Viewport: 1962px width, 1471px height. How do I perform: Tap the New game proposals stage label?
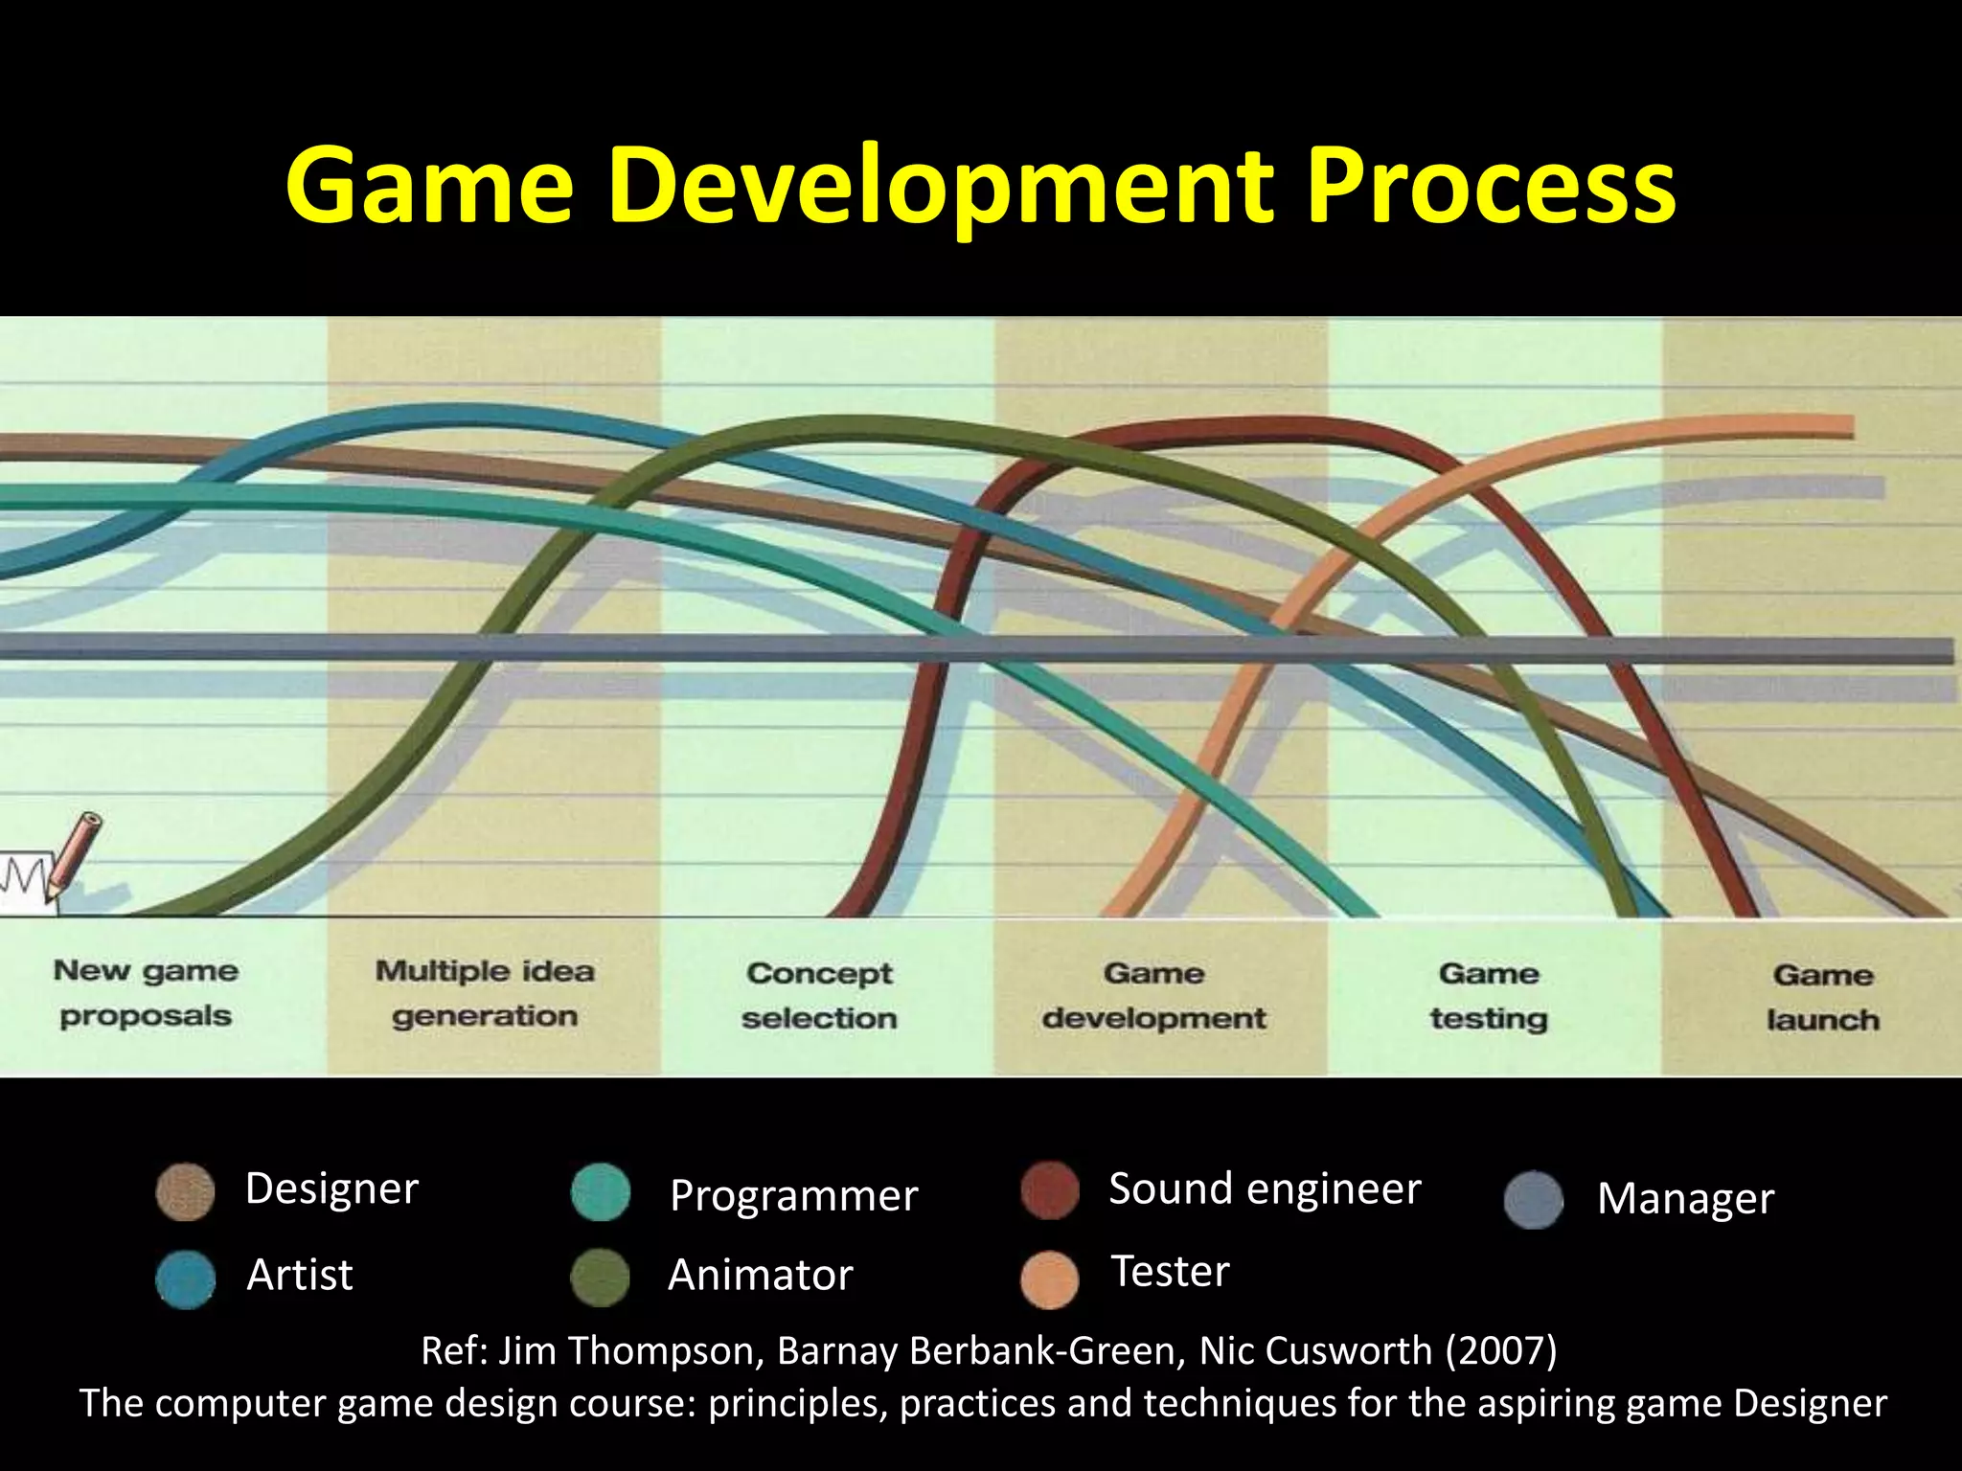coord(146,993)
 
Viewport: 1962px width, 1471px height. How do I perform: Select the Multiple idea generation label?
coord(485,993)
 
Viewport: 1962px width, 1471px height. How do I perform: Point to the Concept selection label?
coord(819,995)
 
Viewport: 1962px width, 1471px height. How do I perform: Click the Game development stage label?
coord(1153,995)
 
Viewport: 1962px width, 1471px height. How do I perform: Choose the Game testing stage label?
coord(1489,996)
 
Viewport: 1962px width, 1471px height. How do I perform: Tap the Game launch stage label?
coord(1822,997)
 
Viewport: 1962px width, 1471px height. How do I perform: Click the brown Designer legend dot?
coord(185,1192)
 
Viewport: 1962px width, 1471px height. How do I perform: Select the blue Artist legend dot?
coord(185,1279)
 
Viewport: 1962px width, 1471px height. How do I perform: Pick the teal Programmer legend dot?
coord(601,1192)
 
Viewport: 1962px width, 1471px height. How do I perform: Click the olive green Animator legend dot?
coord(600,1278)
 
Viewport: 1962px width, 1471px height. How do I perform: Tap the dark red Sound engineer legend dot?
coord(1050,1190)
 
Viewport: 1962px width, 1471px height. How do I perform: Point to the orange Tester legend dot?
coord(1050,1279)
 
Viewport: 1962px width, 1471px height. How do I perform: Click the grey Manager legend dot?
coord(1533,1200)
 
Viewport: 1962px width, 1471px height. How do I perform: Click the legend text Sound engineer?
coord(1265,1188)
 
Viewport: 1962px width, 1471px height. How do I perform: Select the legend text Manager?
coord(1685,1198)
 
